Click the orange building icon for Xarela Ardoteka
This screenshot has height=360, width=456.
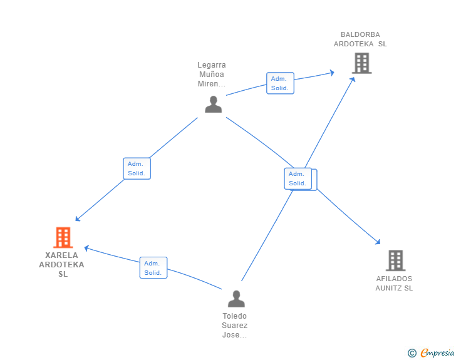[x=63, y=237]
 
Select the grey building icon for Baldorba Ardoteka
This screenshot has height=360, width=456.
[x=361, y=63]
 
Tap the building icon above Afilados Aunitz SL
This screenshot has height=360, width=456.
[x=395, y=260]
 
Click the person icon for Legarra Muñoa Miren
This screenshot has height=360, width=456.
[x=213, y=104]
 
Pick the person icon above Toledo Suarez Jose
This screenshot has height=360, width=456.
[x=236, y=299]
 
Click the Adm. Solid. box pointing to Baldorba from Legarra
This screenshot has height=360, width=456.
[x=279, y=83]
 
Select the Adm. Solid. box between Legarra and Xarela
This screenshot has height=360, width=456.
[x=137, y=168]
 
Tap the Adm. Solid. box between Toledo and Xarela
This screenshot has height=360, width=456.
[x=153, y=267]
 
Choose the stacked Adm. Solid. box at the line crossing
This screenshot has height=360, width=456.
[x=298, y=178]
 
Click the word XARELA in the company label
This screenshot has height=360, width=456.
[x=61, y=255]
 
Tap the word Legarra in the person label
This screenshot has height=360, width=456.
[x=212, y=65]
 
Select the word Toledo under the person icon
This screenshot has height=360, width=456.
[x=235, y=316]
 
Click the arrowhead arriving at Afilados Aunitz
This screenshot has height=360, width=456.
[x=378, y=242]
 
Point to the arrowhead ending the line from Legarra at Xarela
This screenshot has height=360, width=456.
[x=77, y=219]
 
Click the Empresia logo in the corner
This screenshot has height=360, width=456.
[x=437, y=353]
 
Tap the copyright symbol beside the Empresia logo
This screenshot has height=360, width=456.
[x=412, y=353]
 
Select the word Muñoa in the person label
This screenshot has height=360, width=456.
[x=212, y=75]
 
